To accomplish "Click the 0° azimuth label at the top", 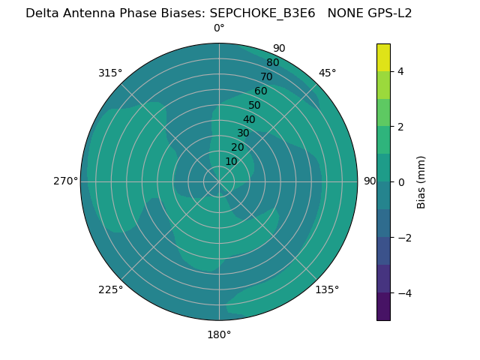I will tap(219, 28).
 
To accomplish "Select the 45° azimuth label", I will tap(327, 73).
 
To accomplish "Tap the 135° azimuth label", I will tap(327, 289).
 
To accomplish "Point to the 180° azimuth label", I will tap(219, 334).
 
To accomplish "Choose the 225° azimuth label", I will tap(110, 289).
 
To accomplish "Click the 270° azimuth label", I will tap(66, 181).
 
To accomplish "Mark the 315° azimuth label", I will tap(110, 73).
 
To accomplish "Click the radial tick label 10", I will tap(231, 161).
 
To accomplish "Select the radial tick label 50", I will tap(254, 105).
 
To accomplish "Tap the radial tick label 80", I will tap(272, 62).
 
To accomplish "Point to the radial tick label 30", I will tap(243, 133).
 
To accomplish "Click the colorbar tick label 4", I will tap(400, 71).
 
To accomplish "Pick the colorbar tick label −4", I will tap(403, 293).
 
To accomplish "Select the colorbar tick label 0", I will tap(400, 182).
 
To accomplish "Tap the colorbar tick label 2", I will tap(400, 127).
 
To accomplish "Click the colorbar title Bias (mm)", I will tap(421, 182).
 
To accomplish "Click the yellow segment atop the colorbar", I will tap(383, 57).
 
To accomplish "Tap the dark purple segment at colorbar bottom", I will tap(383, 307).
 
